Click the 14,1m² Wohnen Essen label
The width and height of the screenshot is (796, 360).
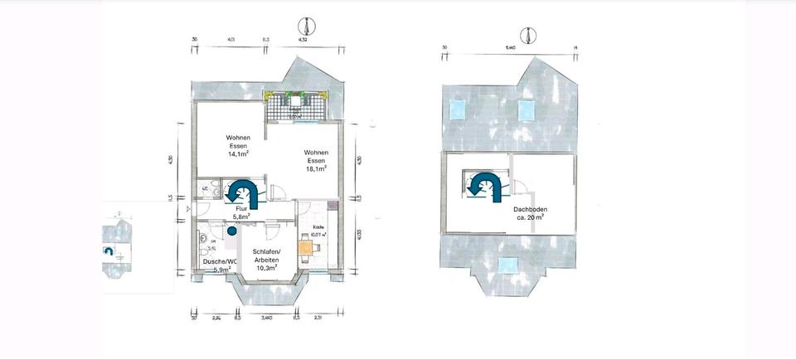click(x=238, y=145)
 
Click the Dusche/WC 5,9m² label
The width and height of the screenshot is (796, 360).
click(x=218, y=265)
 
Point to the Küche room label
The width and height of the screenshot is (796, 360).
click(x=318, y=227)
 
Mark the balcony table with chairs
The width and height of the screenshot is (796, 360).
click(x=295, y=104)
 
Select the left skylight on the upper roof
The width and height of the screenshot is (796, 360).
click(x=455, y=109)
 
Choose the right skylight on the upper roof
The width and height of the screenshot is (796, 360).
click(x=525, y=108)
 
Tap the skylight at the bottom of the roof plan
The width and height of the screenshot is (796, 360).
click(x=506, y=265)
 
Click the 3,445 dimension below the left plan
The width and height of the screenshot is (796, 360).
click(x=266, y=317)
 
